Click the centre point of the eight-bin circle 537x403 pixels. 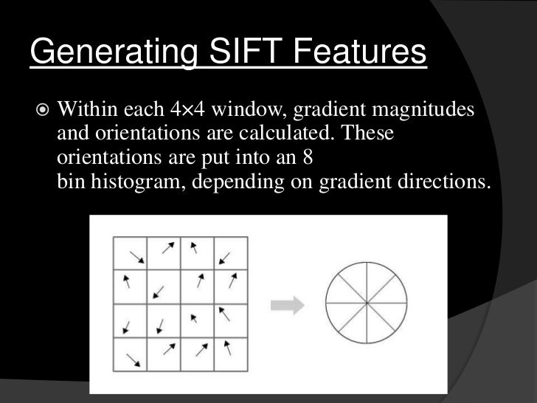pos(366,303)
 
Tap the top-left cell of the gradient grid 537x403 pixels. pos(130,253)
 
